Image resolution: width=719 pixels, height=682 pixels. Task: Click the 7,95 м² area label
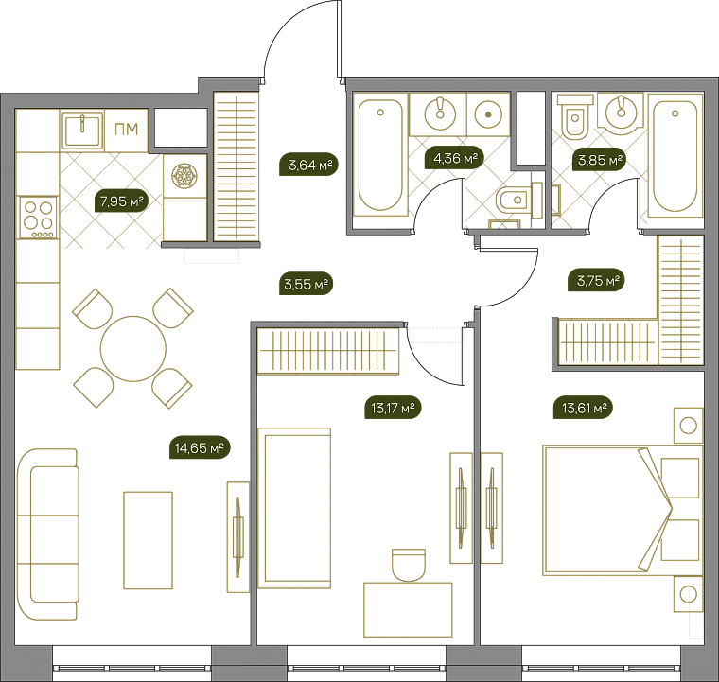(x=121, y=201)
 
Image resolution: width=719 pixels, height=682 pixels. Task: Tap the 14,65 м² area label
(x=200, y=447)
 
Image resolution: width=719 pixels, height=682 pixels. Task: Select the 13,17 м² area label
(x=393, y=408)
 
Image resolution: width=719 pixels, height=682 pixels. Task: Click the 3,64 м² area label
(x=308, y=165)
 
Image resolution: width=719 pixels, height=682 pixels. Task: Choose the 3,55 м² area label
(x=306, y=284)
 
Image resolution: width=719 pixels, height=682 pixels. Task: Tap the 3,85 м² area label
(x=599, y=160)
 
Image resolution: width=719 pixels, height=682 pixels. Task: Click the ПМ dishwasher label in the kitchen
(x=126, y=130)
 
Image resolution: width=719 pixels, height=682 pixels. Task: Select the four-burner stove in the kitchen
(x=38, y=218)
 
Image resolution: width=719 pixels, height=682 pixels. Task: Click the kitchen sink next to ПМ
(x=82, y=130)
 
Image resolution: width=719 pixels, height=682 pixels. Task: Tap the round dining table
(x=133, y=348)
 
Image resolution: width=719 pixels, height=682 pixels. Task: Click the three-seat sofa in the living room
(x=47, y=534)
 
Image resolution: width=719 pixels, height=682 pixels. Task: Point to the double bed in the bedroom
(x=623, y=510)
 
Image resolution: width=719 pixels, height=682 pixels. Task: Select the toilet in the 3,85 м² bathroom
(x=575, y=116)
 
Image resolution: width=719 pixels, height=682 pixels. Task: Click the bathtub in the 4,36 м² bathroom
(x=380, y=155)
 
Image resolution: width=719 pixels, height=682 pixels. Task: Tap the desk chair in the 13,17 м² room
(x=409, y=565)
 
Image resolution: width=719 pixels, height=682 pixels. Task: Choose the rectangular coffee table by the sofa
(x=149, y=540)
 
